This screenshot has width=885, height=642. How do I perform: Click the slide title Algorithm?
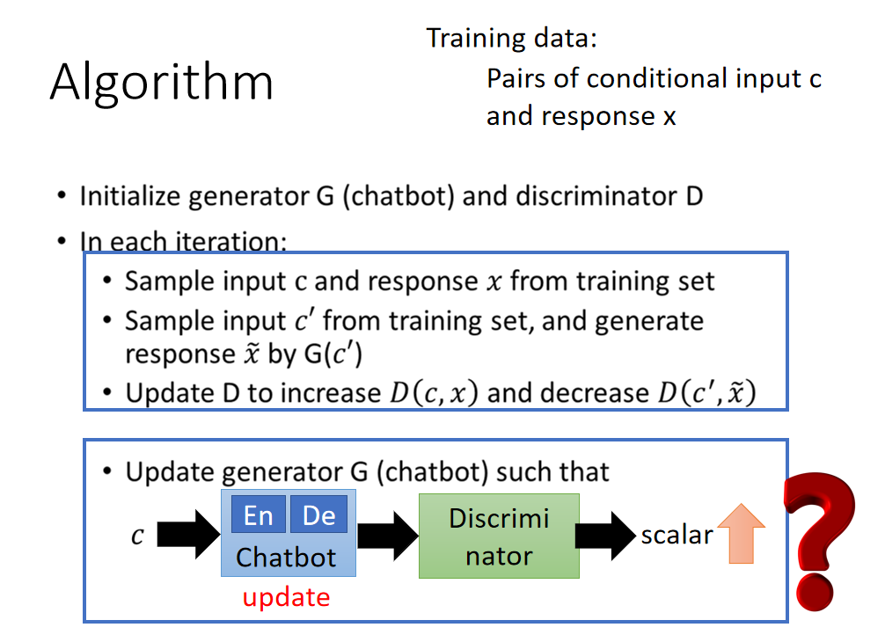161,83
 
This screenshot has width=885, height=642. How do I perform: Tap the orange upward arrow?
741,533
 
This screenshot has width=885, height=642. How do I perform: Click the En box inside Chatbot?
259,514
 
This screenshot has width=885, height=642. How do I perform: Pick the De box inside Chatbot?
318,514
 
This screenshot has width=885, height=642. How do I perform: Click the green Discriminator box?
499,536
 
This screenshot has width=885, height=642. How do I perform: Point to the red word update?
286,597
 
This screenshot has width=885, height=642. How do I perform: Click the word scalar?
677,535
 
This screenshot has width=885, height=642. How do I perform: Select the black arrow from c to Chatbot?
188,534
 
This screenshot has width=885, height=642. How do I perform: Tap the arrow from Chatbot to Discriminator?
387,536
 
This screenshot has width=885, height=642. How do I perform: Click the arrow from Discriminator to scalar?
605,536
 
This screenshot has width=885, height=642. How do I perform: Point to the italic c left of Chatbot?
137,535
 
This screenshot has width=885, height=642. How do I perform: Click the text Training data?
511,39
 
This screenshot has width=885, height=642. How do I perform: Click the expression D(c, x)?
434,392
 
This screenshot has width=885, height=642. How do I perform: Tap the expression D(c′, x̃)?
706,392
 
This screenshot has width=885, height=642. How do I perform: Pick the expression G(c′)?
333,354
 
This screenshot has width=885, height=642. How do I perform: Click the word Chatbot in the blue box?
286,558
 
